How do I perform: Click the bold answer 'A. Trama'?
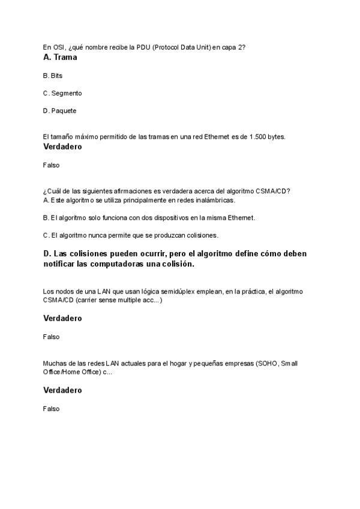tap(60, 58)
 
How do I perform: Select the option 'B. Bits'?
tap(53, 76)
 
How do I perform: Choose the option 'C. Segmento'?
tap(62, 93)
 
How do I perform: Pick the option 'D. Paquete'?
tap(60, 110)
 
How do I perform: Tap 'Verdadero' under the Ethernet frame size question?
tap(62, 146)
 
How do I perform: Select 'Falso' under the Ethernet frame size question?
tap(52, 164)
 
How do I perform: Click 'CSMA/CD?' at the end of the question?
tap(275, 191)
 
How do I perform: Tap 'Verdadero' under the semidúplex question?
tap(62, 318)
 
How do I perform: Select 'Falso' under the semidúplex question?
tap(52, 337)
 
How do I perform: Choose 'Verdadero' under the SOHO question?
tap(62, 390)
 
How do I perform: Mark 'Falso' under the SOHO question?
tap(52, 408)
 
